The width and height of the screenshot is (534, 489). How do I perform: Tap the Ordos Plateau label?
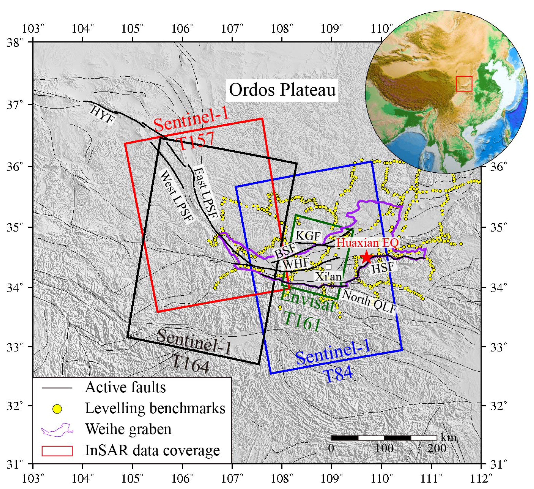pyautogui.click(x=282, y=90)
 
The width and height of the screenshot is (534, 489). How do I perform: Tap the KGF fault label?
pyautogui.click(x=308, y=235)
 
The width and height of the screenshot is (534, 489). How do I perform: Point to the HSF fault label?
pyautogui.click(x=383, y=268)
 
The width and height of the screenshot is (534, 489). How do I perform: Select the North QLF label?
pyautogui.click(x=370, y=301)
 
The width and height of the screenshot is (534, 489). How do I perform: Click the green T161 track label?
pyautogui.click(x=302, y=321)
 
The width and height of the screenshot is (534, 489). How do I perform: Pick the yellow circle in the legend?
pyautogui.click(x=57, y=409)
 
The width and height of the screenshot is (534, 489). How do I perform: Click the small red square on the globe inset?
pyautogui.click(x=464, y=84)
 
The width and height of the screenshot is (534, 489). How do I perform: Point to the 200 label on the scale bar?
pyautogui.click(x=437, y=449)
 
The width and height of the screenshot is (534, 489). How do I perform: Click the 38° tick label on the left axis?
pyautogui.click(x=15, y=42)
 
